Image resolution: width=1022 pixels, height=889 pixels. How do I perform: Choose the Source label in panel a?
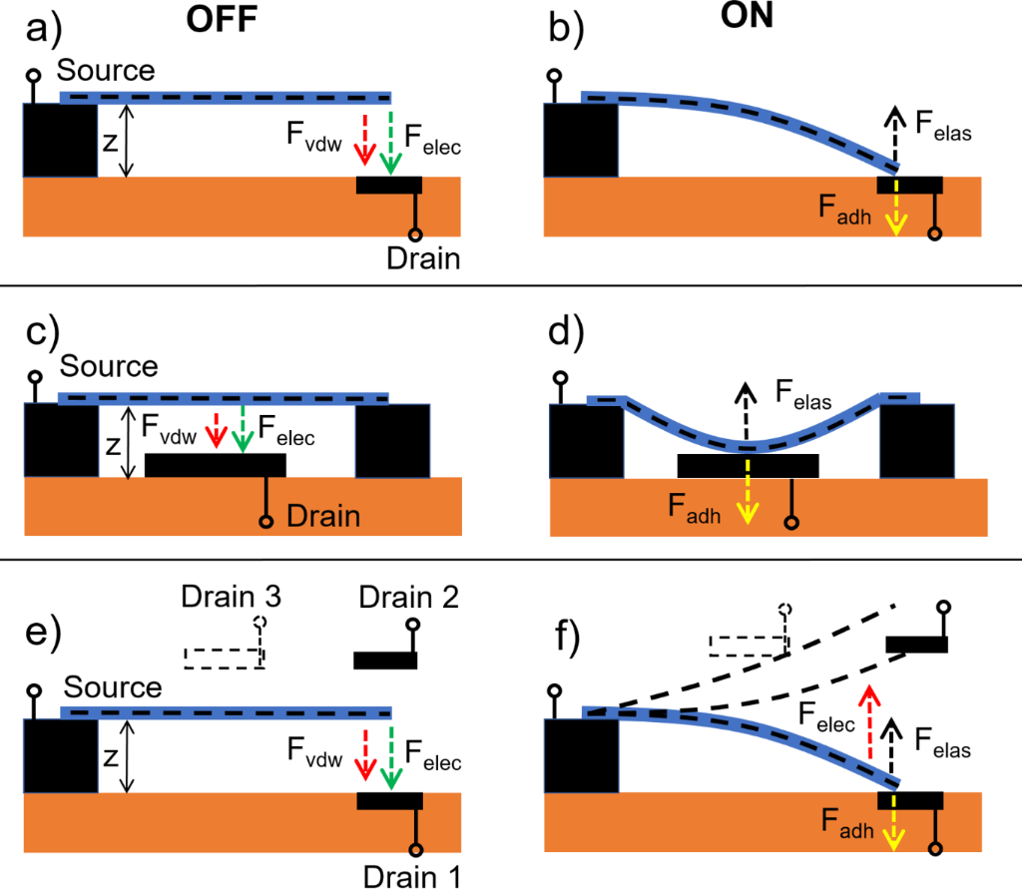point(106,71)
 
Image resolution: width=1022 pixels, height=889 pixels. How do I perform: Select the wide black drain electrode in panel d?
point(748,465)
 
